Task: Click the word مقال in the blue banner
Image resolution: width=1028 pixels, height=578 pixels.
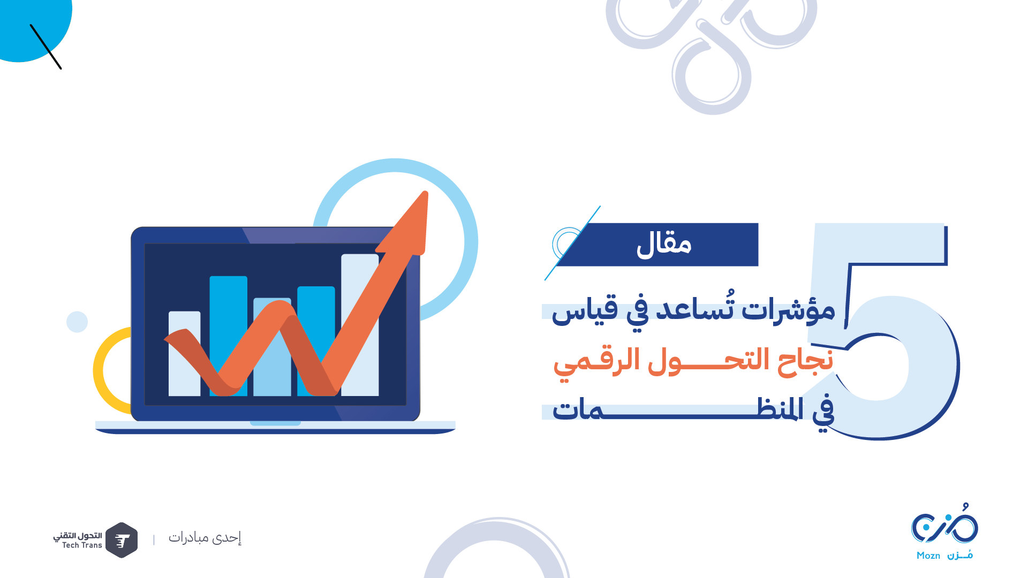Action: tap(664, 245)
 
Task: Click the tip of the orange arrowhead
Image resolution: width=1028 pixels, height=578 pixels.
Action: tap(426, 192)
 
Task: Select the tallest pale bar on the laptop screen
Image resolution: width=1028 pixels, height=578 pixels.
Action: tap(360, 325)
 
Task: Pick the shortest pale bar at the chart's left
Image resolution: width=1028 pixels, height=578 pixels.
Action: tap(185, 354)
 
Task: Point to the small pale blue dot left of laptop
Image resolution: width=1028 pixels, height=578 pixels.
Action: tap(77, 322)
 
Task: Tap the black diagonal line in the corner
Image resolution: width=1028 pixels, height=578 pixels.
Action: tap(46, 47)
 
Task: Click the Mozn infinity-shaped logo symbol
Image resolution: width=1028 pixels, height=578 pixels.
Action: tap(944, 524)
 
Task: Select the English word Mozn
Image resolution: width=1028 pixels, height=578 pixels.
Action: tap(928, 556)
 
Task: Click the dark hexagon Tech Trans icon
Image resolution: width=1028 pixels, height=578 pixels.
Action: tap(122, 540)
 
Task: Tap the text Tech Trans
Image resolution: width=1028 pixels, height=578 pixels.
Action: tap(82, 545)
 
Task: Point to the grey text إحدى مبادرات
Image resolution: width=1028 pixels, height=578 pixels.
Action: tap(205, 537)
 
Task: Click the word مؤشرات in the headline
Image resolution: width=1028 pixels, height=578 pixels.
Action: tap(789, 309)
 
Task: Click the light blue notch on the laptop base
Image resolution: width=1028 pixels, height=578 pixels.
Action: tap(275, 423)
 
